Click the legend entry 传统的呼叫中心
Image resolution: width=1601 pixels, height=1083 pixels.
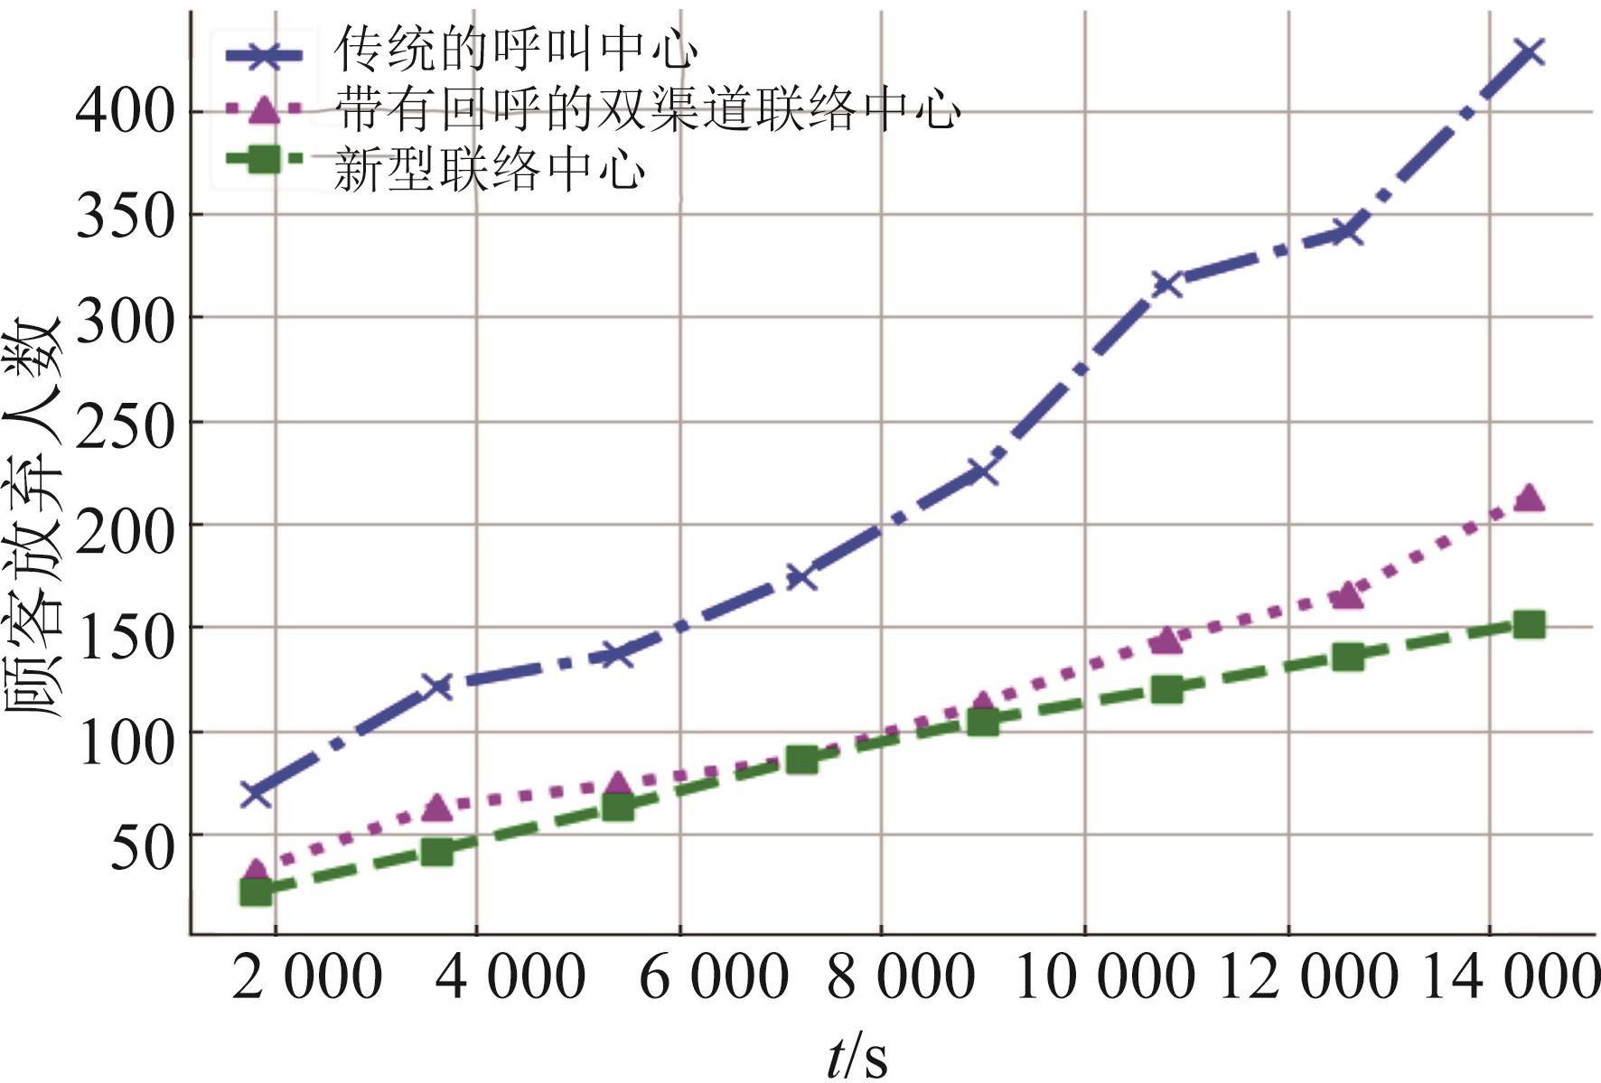pos(515,50)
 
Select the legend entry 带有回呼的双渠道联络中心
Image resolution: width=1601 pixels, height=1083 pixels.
pos(646,110)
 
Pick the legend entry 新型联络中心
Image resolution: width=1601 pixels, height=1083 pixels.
pos(489,169)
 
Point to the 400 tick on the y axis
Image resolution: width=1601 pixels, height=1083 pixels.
pos(125,112)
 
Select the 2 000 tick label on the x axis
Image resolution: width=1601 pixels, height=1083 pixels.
pos(307,977)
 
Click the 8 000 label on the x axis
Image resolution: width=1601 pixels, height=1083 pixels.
pos(901,977)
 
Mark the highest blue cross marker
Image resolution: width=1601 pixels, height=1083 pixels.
pos(1529,53)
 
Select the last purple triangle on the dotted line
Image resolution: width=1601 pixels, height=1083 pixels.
pos(1529,497)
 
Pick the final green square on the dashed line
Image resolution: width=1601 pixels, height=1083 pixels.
pos(1529,624)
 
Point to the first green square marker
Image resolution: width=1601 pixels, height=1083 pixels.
pos(257,892)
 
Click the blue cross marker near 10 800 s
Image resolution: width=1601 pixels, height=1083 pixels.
pos(1166,285)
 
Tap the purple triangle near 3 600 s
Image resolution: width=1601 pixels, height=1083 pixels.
pos(437,807)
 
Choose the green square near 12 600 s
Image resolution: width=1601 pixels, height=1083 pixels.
pos(1347,657)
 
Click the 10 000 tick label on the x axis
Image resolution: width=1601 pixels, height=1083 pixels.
pos(1105,977)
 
